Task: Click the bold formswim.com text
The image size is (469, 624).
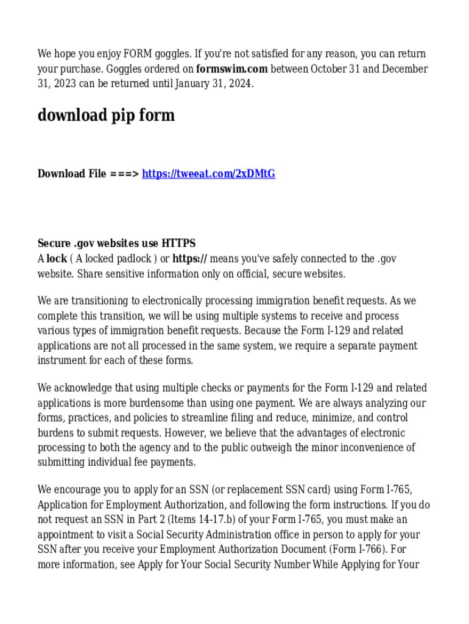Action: [232, 69]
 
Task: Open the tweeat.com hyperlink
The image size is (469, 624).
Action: [208, 174]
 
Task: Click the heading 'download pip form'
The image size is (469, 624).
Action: [106, 115]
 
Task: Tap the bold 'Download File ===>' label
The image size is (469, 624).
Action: [88, 174]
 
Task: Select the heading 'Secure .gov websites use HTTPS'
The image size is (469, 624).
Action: [116, 244]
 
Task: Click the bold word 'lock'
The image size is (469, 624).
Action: [57, 259]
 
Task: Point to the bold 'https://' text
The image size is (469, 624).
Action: [189, 259]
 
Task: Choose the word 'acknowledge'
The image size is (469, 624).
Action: [81, 388]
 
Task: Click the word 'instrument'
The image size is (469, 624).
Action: [61, 361]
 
